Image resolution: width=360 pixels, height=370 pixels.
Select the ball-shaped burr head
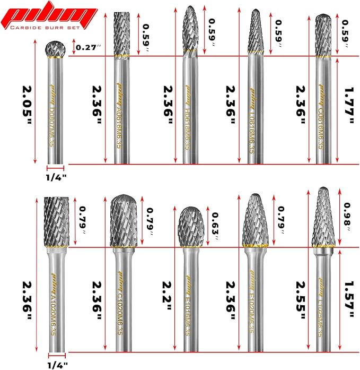click(55, 49)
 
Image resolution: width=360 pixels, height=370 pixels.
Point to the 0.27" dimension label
click(88, 48)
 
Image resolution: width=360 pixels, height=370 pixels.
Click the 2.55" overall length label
click(301, 300)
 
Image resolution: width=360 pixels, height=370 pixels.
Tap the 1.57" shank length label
click(348, 300)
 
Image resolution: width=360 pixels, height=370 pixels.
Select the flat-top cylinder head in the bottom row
click(56, 222)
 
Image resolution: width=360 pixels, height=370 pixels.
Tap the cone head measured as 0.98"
click(322, 218)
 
